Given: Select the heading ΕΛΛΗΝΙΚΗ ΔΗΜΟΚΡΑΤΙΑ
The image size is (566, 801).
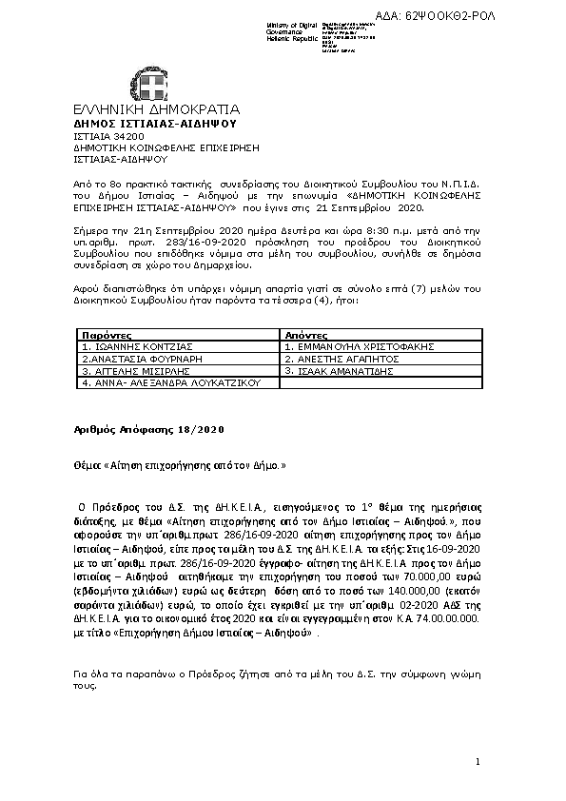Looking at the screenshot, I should (x=156, y=109).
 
